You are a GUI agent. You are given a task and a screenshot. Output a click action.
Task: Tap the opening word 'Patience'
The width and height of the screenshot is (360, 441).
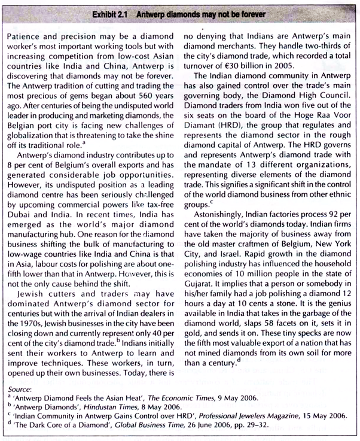(x=26, y=37)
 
